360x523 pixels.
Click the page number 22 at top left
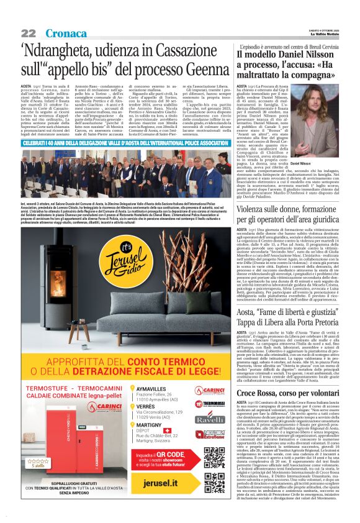point(29,32)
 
